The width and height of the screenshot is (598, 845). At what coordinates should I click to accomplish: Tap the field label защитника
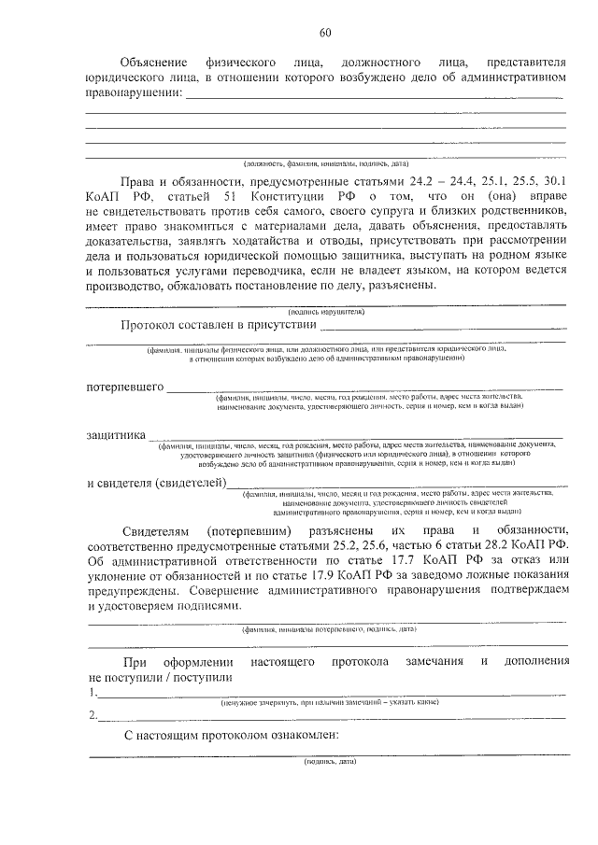pyautogui.click(x=116, y=434)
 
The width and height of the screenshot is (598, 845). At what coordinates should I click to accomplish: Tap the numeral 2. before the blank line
pyautogui.click(x=92, y=715)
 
